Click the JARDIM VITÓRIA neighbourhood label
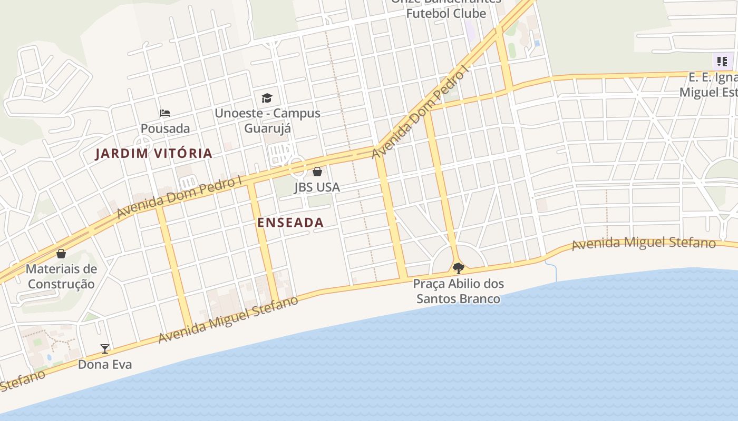(x=153, y=154)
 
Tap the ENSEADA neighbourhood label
(x=290, y=223)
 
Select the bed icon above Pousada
(x=165, y=113)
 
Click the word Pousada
(x=165, y=128)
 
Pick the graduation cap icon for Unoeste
(x=267, y=98)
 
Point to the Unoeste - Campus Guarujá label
(x=267, y=121)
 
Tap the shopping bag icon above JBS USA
(x=317, y=172)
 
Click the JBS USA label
(x=317, y=187)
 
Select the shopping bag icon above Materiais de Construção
(x=61, y=254)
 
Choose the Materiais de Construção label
(x=61, y=276)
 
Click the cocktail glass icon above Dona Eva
(x=105, y=348)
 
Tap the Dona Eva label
(x=105, y=364)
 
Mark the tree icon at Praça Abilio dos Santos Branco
(x=459, y=268)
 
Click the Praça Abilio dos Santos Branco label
(x=458, y=291)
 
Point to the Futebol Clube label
(x=446, y=13)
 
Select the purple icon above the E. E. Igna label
(x=722, y=61)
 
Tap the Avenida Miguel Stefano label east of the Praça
(x=644, y=243)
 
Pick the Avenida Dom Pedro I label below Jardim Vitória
(x=179, y=197)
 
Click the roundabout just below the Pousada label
(x=142, y=143)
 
